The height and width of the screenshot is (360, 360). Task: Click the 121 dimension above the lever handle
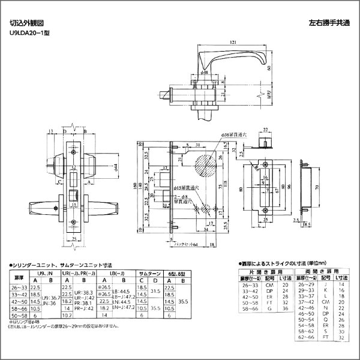tap(232, 41)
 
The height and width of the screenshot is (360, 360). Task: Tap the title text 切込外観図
tap(22, 25)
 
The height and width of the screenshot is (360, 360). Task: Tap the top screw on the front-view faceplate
tap(73, 143)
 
